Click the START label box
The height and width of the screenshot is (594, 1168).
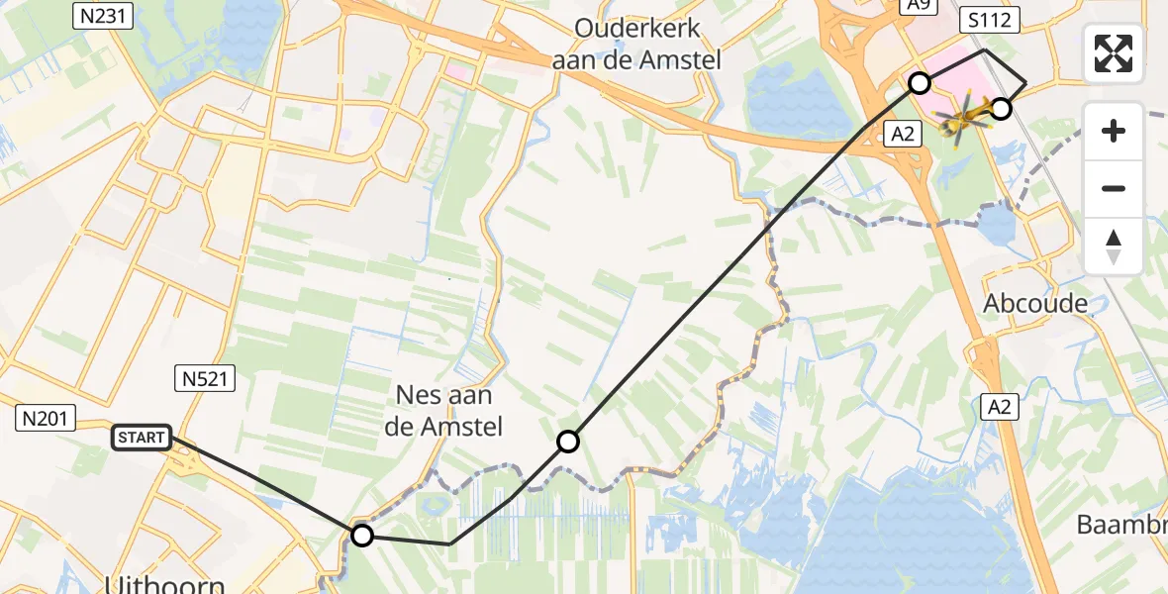[143, 438]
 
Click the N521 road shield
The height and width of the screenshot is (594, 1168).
[207, 377]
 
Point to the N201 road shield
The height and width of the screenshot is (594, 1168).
[47, 419]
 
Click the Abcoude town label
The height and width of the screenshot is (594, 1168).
[1035, 303]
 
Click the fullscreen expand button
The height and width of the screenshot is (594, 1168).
[1114, 53]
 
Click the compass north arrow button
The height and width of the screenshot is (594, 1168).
[1114, 247]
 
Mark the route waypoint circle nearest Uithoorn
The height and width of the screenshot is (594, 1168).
[362, 536]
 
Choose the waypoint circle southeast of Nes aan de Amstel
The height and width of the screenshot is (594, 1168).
[567, 442]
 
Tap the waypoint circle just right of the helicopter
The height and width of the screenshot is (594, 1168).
[1001, 109]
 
